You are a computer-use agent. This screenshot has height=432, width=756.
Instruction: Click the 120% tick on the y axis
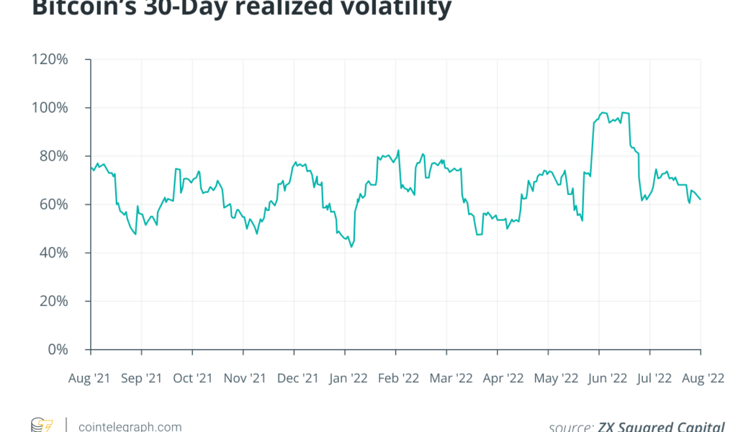tap(50, 60)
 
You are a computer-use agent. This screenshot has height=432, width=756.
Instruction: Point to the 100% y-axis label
tap(50, 108)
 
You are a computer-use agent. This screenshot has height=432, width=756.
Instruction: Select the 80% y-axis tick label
tap(53, 156)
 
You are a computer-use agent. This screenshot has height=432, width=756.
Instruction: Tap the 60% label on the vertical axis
tap(53, 204)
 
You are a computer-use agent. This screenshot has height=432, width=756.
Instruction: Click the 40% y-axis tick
tap(53, 253)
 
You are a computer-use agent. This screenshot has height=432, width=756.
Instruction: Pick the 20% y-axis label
tap(53, 301)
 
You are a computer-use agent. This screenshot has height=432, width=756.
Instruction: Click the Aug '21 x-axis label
tap(91, 377)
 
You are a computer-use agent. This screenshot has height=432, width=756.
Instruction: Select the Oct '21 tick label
tap(193, 377)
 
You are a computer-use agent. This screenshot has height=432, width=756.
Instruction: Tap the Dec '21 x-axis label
tap(297, 377)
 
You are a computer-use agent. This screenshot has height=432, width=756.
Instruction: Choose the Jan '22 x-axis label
tap(348, 377)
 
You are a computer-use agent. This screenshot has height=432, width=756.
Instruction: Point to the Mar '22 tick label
tap(450, 377)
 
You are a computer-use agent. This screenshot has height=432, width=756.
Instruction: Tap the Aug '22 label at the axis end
tap(703, 377)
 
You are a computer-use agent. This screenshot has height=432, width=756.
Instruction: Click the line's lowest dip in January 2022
tap(351, 247)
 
